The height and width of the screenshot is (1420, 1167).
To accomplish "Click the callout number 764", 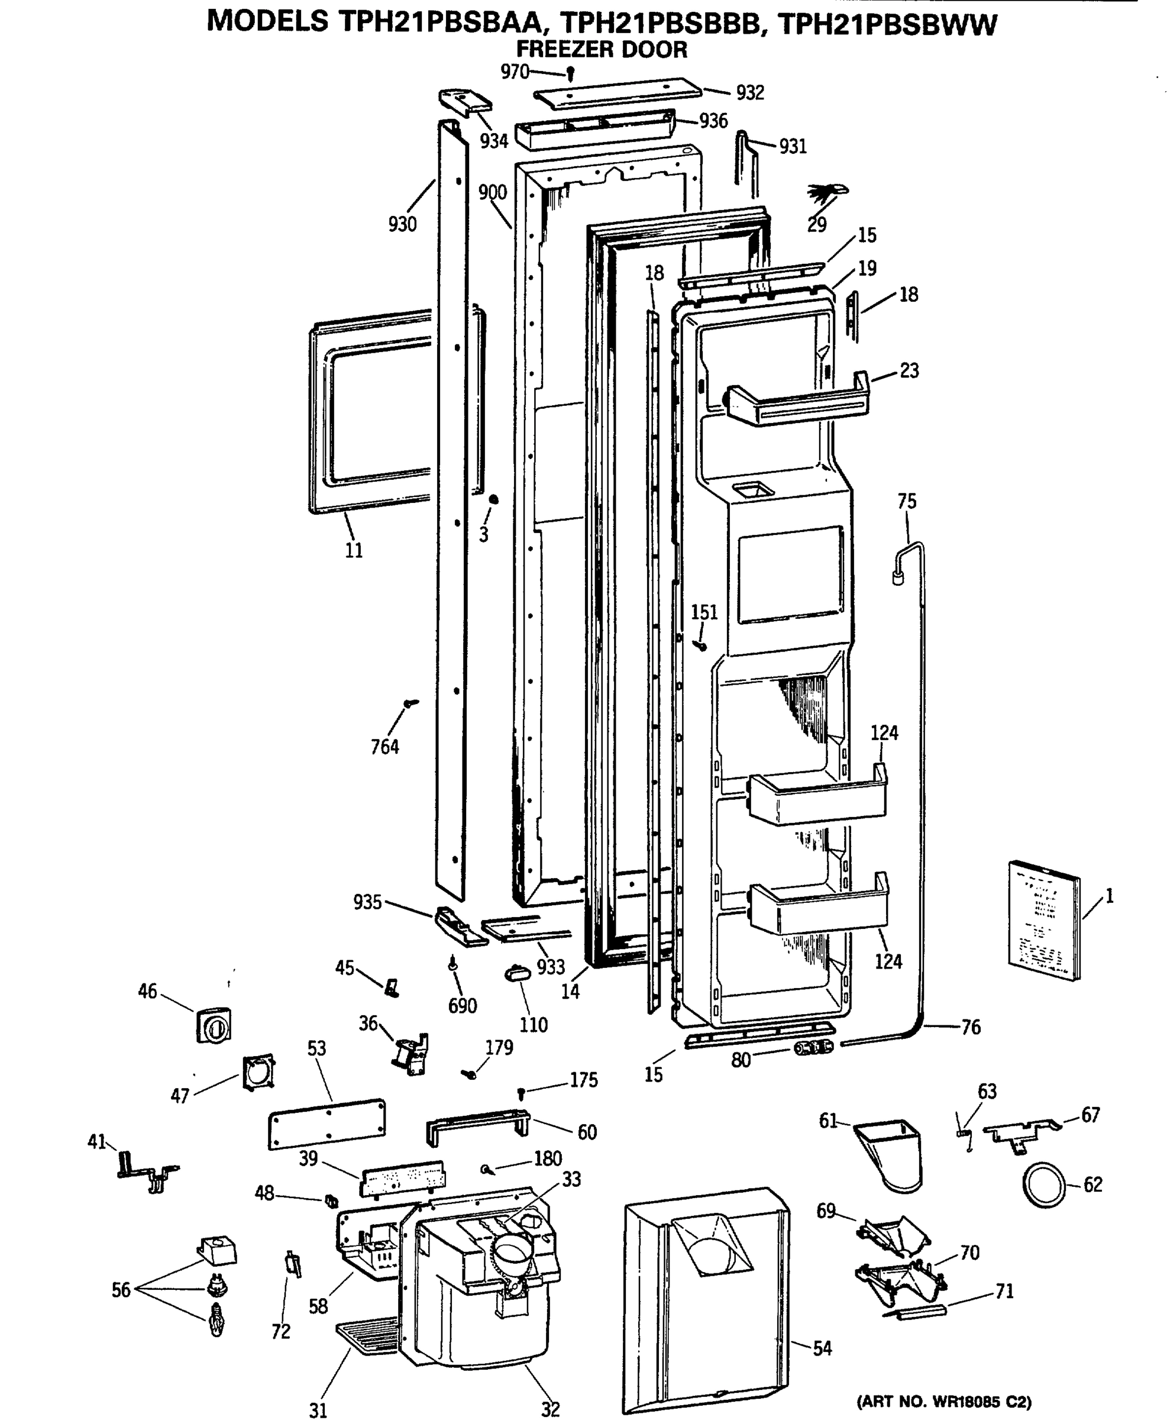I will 384,746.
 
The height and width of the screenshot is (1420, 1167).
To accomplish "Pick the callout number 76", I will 970,1027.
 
